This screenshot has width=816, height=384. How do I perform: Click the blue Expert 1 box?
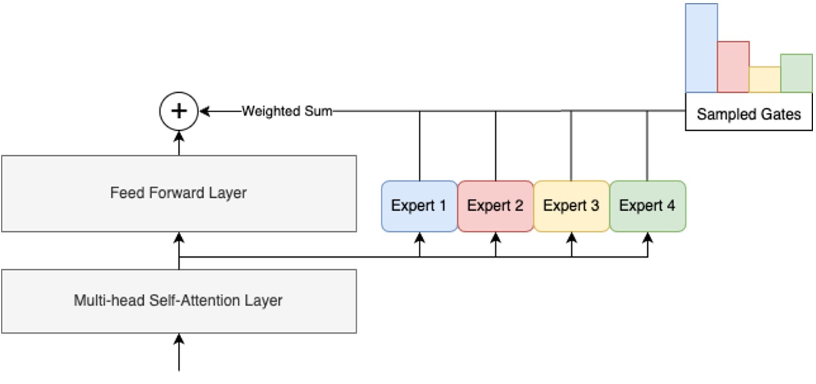[419, 206]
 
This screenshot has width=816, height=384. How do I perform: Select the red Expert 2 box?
[495, 206]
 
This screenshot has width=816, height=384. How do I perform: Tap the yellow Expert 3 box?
[571, 206]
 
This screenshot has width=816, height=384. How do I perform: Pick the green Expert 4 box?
[647, 206]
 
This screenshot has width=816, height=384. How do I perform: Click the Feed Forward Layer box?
[179, 193]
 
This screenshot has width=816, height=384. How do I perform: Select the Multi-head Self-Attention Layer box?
[179, 301]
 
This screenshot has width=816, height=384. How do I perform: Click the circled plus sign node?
[179, 111]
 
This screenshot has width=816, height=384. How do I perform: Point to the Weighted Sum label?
[287, 111]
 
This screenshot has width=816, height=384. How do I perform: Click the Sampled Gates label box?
[748, 114]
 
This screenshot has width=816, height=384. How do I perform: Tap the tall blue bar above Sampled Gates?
[701, 48]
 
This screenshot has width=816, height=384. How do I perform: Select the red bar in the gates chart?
[733, 67]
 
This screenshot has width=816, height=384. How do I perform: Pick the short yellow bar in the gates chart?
[764, 79]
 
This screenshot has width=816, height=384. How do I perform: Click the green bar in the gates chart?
[796, 73]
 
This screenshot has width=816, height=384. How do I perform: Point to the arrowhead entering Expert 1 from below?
[420, 237]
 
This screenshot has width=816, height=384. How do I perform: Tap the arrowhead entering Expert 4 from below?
[648, 237]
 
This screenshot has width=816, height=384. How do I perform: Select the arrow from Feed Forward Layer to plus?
[179, 143]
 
